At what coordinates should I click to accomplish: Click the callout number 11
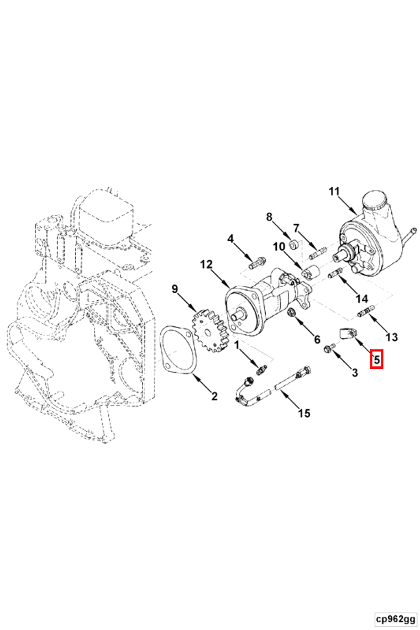(x=334, y=191)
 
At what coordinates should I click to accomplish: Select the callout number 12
(x=206, y=264)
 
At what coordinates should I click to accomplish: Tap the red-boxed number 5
(x=376, y=359)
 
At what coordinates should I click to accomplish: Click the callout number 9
(x=175, y=289)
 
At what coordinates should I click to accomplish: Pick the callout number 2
(x=214, y=396)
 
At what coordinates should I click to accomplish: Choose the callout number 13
(x=391, y=337)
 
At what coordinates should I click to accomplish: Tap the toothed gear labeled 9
(x=210, y=330)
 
